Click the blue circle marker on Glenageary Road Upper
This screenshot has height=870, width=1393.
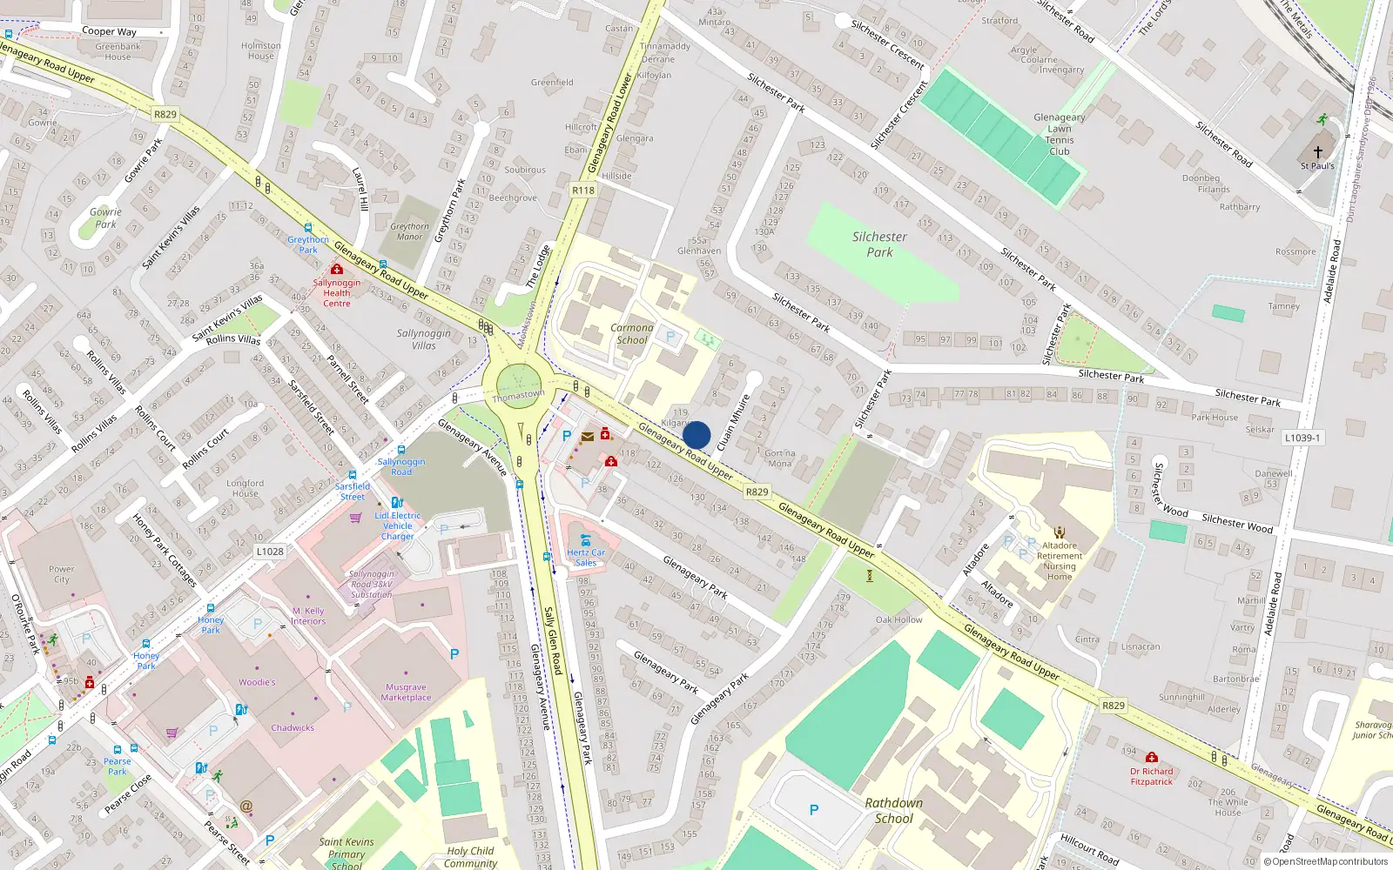696,435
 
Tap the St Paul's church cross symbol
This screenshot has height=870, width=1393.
1318,151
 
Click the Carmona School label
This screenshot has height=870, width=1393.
632,334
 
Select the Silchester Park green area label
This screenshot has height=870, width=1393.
879,244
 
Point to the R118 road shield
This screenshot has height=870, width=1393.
583,191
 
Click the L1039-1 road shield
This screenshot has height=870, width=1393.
1302,438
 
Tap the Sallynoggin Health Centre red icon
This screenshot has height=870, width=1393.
337,270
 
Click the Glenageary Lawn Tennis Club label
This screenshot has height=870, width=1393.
1059,134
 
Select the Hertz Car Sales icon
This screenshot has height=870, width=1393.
585,539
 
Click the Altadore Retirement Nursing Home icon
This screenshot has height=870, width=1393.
1060,532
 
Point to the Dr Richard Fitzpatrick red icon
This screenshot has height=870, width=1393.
1152,758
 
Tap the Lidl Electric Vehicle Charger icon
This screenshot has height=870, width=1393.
397,502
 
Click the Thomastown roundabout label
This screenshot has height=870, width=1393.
518,396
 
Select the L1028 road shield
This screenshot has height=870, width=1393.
270,552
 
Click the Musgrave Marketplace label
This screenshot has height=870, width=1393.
406,693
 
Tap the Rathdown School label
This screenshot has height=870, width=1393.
894,810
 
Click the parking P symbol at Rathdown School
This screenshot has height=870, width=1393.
814,810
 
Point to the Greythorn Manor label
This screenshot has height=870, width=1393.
409,231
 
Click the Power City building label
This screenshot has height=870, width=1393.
62,574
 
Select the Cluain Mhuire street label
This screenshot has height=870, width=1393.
733,423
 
